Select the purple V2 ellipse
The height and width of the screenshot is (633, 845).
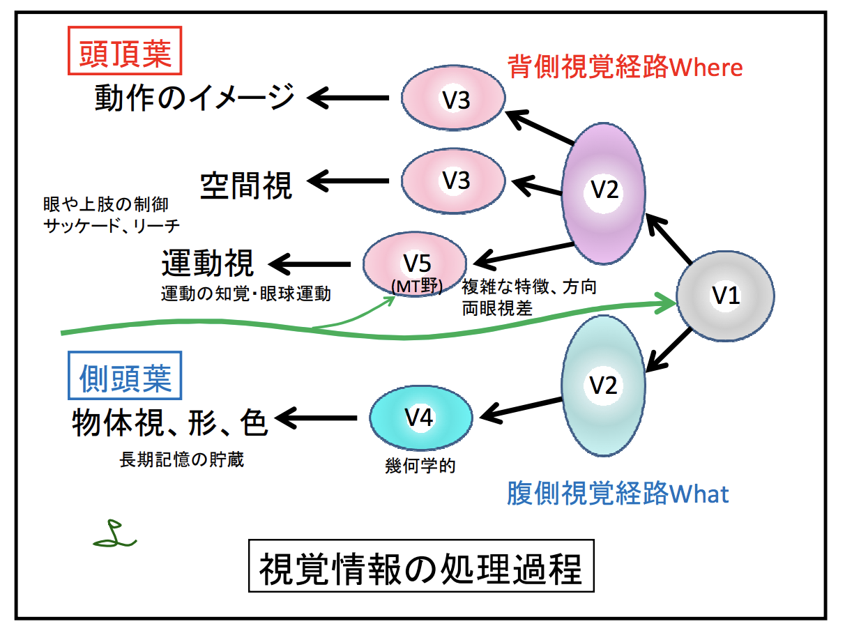pyautogui.click(x=604, y=192)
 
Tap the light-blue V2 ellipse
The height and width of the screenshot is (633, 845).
pyautogui.click(x=604, y=385)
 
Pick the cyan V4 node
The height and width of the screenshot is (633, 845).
pyautogui.click(x=420, y=418)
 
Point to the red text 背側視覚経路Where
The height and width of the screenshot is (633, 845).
pyautogui.click(x=624, y=67)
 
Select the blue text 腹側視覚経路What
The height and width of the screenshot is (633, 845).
pyautogui.click(x=618, y=494)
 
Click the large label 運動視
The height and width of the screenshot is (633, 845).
pyautogui.click(x=208, y=266)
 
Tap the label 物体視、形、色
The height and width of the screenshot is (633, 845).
pyautogui.click(x=170, y=421)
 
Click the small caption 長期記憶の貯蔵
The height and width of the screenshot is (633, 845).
pyautogui.click(x=181, y=460)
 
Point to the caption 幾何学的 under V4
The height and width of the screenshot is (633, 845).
pyautogui.click(x=420, y=466)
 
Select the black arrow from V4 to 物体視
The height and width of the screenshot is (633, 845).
pyautogui.click(x=318, y=419)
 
